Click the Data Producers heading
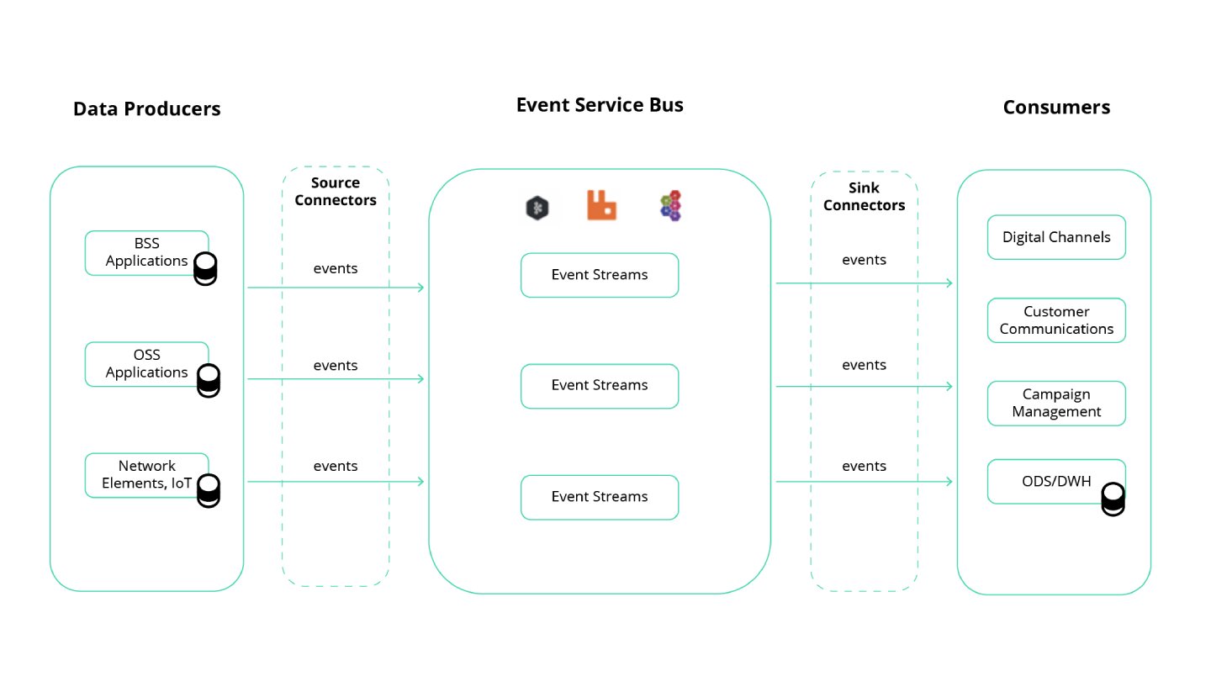(146, 108)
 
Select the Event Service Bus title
(599, 105)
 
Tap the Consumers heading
(1056, 108)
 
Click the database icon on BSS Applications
(205, 267)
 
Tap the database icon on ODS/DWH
(1113, 499)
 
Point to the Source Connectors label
(335, 192)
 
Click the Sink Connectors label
(864, 197)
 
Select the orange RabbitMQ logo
(601, 206)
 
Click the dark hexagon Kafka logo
(537, 209)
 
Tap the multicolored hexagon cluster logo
(670, 207)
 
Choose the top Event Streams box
(599, 275)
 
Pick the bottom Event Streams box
(599, 497)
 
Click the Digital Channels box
(1055, 237)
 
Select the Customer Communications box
(1055, 320)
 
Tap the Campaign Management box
(1055, 404)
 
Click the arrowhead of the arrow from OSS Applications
(420, 379)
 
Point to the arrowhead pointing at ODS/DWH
(949, 482)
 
